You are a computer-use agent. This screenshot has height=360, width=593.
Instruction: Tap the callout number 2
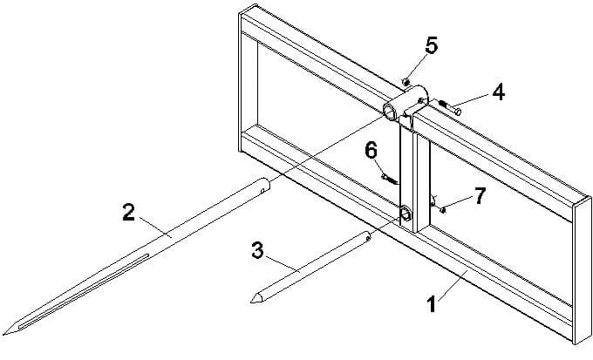point(128,212)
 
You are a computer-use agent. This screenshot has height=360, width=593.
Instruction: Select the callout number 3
point(257,251)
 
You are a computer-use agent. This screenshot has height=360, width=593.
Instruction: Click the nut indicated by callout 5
point(406,82)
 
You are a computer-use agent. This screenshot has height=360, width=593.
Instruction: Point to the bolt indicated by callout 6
point(389,179)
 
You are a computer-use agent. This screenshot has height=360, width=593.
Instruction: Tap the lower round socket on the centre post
point(406,214)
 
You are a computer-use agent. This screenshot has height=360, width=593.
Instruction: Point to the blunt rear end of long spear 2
point(265,185)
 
